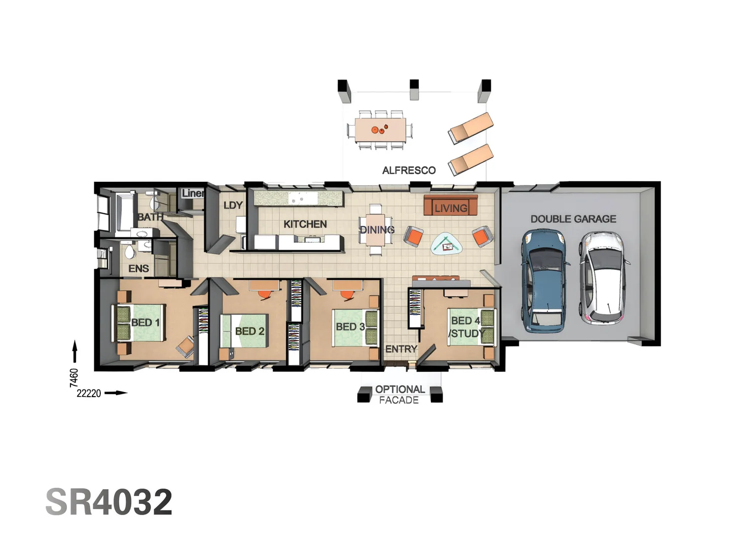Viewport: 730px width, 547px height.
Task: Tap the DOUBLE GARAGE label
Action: (x=573, y=219)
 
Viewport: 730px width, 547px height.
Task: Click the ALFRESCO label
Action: (x=409, y=170)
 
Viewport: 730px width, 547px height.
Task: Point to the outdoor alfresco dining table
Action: (x=380, y=130)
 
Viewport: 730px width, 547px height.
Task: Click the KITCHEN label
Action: (x=305, y=224)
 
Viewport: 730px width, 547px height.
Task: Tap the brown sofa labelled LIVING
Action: (x=450, y=207)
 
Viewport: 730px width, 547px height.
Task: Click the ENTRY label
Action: (x=400, y=349)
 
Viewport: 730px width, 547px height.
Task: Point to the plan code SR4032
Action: (x=109, y=502)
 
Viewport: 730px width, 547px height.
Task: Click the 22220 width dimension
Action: (x=89, y=393)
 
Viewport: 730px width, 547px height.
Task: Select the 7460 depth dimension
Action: (x=74, y=377)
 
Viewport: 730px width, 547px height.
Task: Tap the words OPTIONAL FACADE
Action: (x=399, y=395)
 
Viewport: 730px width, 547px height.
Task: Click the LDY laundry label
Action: (x=233, y=205)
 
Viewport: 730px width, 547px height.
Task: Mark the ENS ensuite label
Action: (x=138, y=268)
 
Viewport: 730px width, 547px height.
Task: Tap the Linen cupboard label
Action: (x=193, y=193)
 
